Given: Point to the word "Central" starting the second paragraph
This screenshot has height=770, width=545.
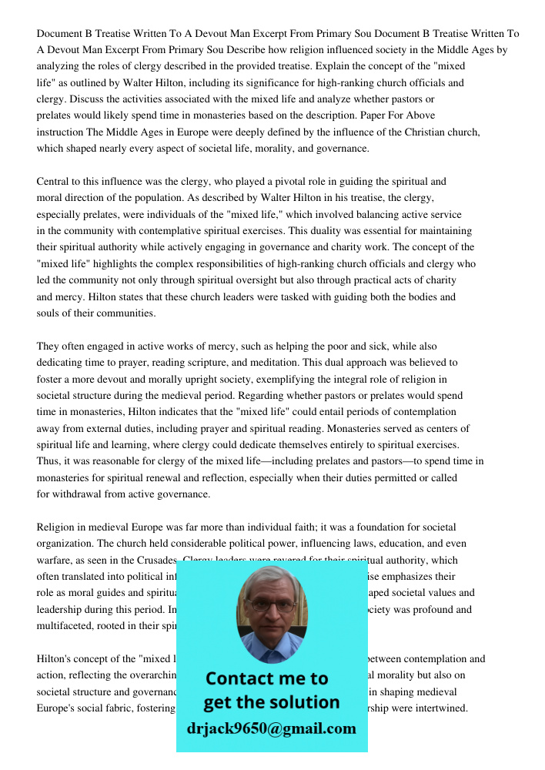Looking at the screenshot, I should pos(55,182).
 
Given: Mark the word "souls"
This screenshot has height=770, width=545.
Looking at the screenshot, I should pos(49,313).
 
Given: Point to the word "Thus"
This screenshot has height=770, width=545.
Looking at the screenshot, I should pos(48,461).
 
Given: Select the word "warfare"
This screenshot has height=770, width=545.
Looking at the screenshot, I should pos(55,561).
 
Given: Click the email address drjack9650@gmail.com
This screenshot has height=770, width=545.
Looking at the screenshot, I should pos(272,728).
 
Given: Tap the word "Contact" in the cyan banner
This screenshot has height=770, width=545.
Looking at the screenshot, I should pos(241,678).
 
